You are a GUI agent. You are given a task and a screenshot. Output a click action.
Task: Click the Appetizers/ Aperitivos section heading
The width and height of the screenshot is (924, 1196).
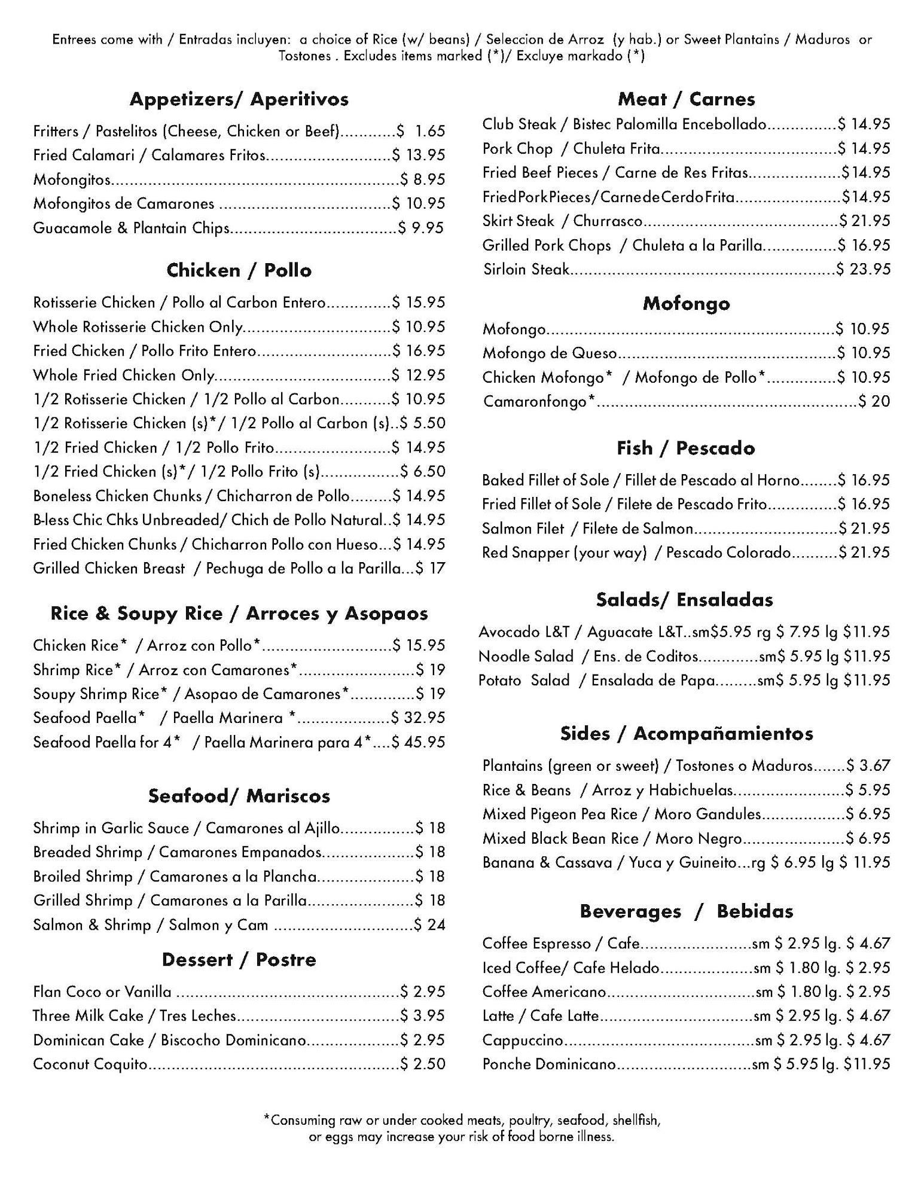coord(239,99)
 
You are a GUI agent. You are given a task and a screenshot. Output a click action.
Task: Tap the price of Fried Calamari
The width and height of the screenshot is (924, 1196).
coord(419,155)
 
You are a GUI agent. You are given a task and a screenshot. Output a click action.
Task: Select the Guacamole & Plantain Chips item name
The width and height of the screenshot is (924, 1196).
coord(131,228)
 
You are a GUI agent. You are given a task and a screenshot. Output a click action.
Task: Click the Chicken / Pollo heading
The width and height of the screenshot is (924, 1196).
coord(239,270)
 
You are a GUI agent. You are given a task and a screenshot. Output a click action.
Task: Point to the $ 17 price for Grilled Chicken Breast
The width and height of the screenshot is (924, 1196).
coord(431,568)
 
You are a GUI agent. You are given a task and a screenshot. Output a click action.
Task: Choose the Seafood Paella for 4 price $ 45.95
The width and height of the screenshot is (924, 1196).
coord(419,742)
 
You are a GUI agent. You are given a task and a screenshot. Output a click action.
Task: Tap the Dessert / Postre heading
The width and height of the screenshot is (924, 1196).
coord(239,960)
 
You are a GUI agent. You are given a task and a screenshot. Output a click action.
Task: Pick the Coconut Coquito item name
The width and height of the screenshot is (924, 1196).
coord(90,1064)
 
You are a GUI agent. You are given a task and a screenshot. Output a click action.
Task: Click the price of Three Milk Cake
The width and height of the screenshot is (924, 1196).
coord(423,1016)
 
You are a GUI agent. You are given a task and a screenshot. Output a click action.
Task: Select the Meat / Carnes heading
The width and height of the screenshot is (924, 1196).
coord(686,99)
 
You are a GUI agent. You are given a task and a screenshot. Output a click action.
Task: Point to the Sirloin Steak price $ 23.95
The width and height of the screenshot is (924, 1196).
coord(863,269)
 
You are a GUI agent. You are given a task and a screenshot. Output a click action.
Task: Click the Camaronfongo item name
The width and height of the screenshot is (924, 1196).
coord(539,401)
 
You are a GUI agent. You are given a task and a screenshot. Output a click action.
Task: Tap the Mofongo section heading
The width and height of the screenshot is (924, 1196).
coord(686,304)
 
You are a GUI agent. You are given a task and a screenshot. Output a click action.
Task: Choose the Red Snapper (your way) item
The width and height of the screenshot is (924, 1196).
coord(564,553)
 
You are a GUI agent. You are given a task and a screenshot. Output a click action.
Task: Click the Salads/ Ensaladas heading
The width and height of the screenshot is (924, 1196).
coord(684,600)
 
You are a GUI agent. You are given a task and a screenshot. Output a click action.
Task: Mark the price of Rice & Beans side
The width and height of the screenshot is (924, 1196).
coord(868,790)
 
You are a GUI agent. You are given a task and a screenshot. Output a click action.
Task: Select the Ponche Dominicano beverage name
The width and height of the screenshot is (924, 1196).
coord(549,1064)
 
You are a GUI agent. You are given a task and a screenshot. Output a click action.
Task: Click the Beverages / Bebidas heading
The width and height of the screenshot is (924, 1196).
coord(686,911)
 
